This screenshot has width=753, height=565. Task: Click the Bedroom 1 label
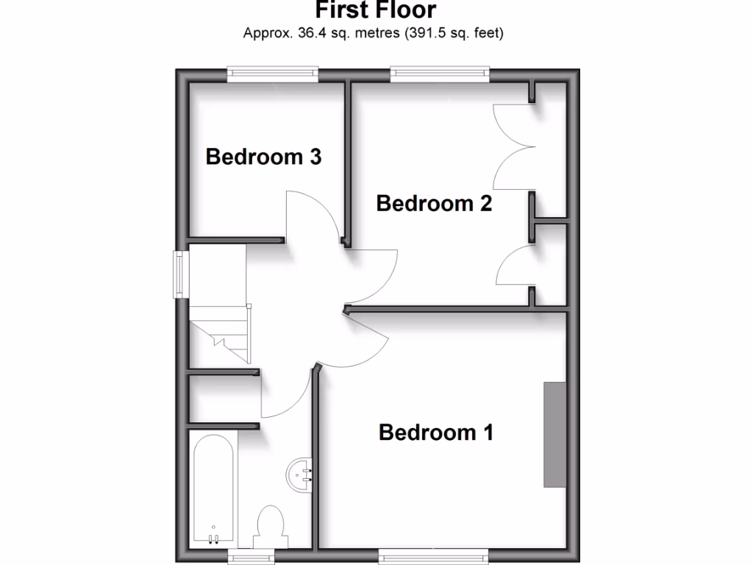pos(435,432)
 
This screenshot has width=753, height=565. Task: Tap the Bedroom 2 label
pos(434,203)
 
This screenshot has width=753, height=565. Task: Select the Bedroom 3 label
pos(263,157)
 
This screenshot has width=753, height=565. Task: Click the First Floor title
pos(376,10)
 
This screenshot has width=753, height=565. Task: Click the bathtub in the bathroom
pos(213,489)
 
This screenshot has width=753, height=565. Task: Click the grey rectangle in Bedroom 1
pos(555,434)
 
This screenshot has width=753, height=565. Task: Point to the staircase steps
pos(221,335)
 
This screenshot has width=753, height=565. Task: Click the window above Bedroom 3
pos(272,72)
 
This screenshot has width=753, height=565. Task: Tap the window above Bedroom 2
pos(440,72)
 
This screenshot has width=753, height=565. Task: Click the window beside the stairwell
pos(180,274)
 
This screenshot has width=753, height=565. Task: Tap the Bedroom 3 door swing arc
pos(309,217)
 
